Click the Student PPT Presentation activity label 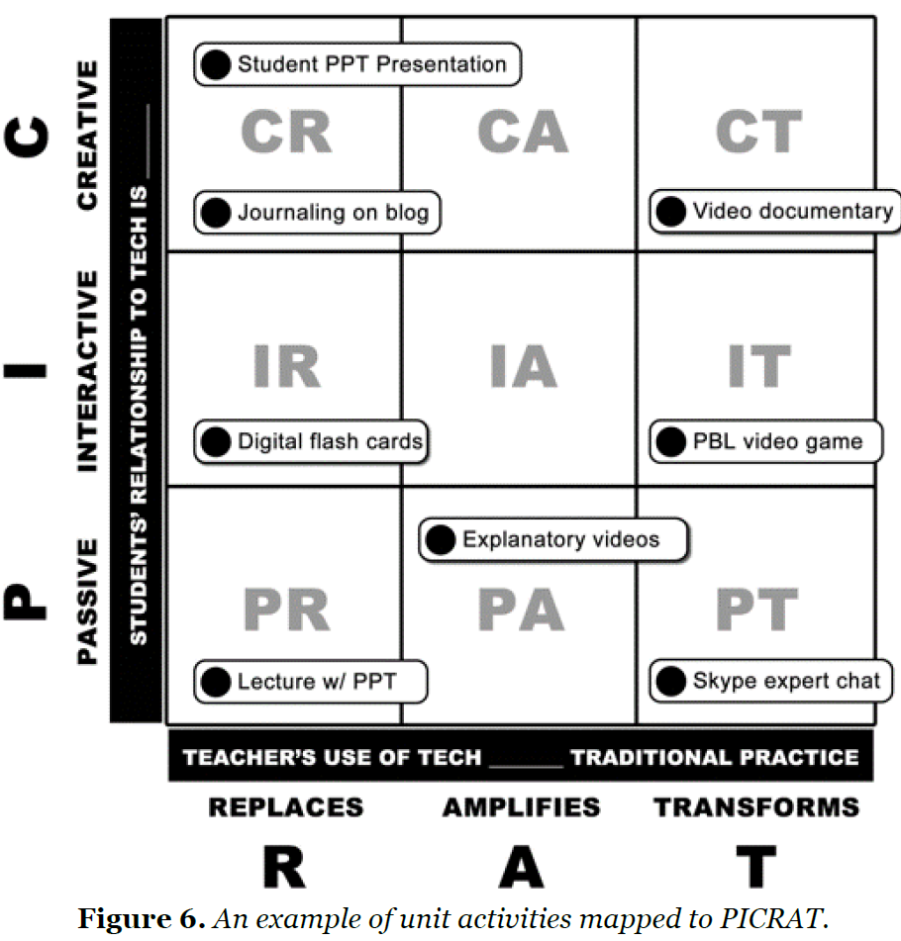371,65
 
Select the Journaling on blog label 333,213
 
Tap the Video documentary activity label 792,211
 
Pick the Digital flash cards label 330,441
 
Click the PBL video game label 777,441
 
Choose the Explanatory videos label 560,539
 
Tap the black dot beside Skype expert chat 670,681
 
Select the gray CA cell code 522,132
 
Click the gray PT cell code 757,611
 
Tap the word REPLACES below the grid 285,807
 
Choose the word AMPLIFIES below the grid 521,807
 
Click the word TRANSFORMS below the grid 756,807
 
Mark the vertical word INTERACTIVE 88,369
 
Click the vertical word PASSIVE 88,602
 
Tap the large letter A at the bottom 521,868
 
